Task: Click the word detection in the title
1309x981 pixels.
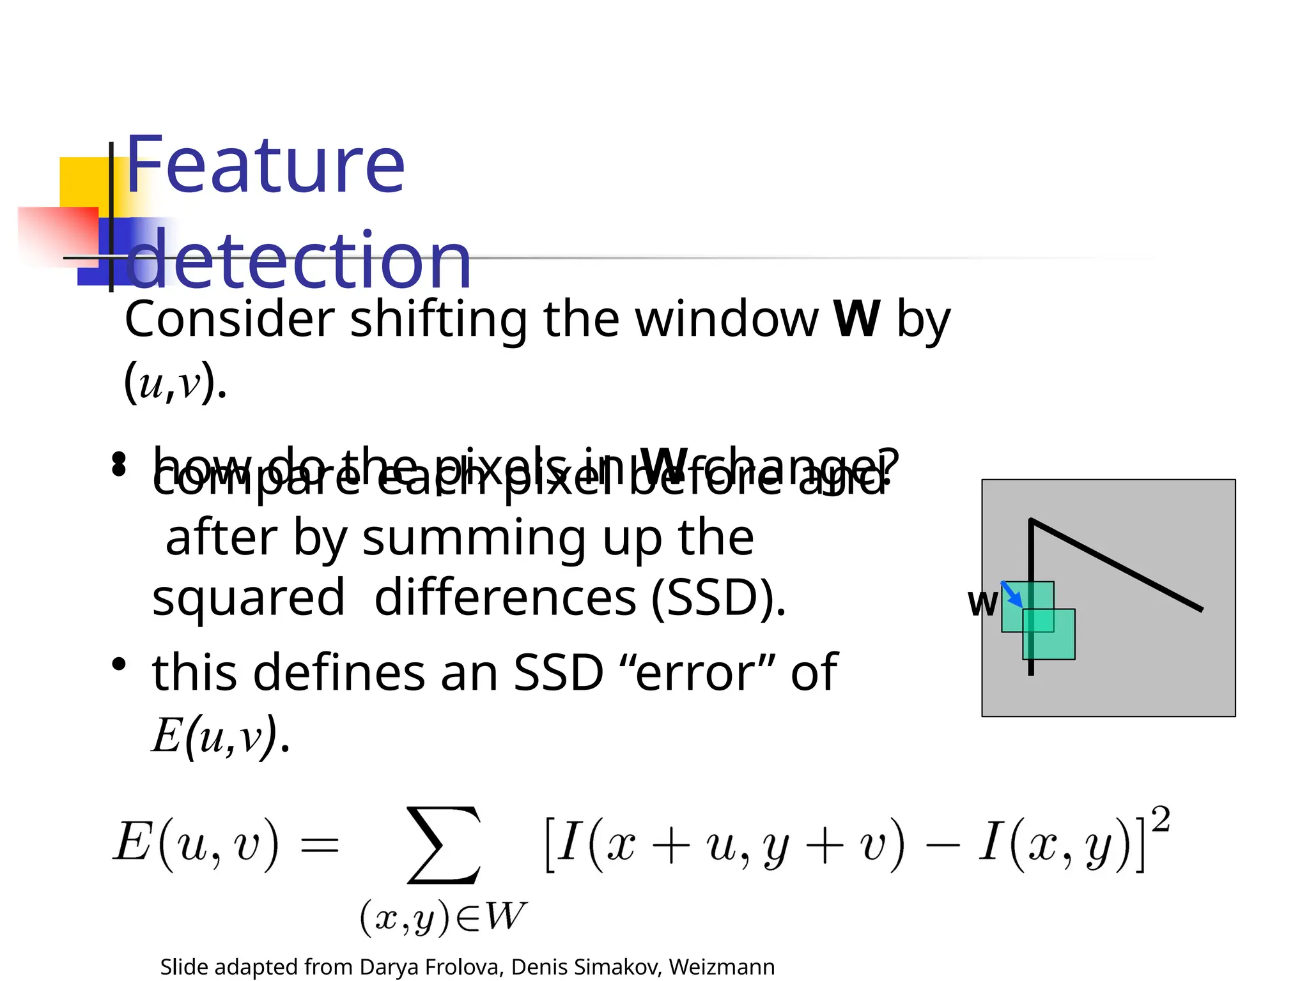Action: pyautogui.click(x=299, y=260)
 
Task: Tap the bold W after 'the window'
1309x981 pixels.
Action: pyautogui.click(x=856, y=319)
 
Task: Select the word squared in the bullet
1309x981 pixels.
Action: pyautogui.click(x=249, y=597)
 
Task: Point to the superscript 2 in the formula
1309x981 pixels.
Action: pyautogui.click(x=1160, y=819)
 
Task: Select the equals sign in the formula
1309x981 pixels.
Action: pyautogui.click(x=320, y=847)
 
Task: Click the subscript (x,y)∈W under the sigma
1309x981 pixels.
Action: pyautogui.click(x=443, y=918)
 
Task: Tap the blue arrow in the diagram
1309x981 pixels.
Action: pyautogui.click(x=1011, y=595)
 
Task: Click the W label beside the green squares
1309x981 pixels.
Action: pyautogui.click(x=982, y=604)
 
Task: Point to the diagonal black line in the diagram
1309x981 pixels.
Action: pyautogui.click(x=1119, y=566)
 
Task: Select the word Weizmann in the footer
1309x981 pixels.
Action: pyautogui.click(x=722, y=967)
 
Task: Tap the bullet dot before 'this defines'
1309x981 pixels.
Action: pyautogui.click(x=119, y=665)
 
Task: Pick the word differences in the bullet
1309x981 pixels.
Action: pyautogui.click(x=505, y=597)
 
